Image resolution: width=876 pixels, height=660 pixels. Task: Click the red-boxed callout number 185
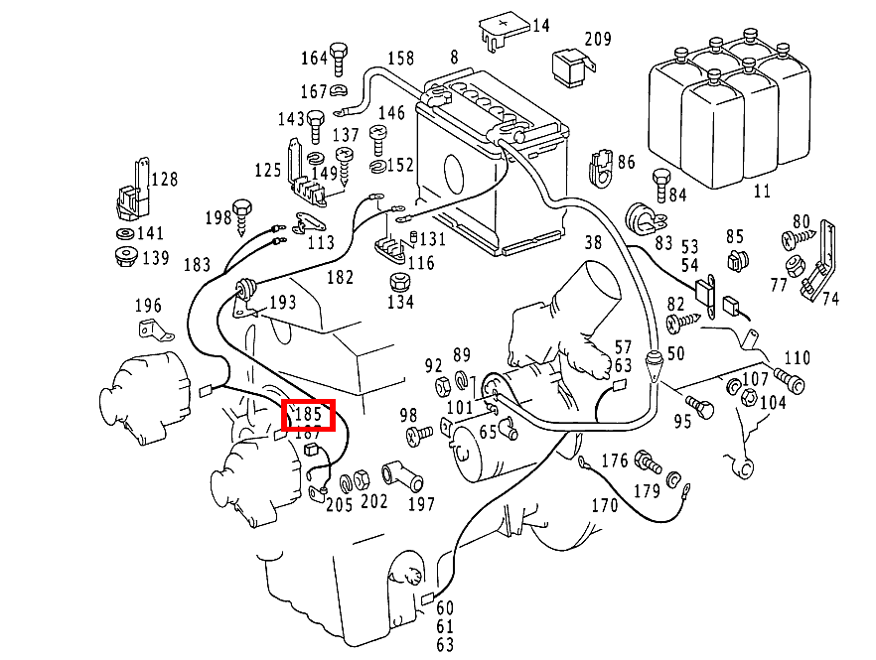[308, 412]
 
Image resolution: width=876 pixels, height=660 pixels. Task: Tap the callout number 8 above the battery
[454, 58]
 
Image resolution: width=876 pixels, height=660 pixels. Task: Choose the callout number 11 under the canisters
[762, 190]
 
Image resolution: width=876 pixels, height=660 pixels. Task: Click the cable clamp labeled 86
[602, 168]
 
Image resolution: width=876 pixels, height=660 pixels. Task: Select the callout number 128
[164, 180]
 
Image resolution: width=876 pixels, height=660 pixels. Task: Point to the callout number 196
[147, 305]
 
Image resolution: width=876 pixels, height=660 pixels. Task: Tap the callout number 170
[604, 505]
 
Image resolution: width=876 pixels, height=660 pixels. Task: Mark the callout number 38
[592, 241]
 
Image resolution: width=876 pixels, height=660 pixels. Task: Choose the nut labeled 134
[398, 280]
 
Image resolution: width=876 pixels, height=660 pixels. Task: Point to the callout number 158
[400, 58]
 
